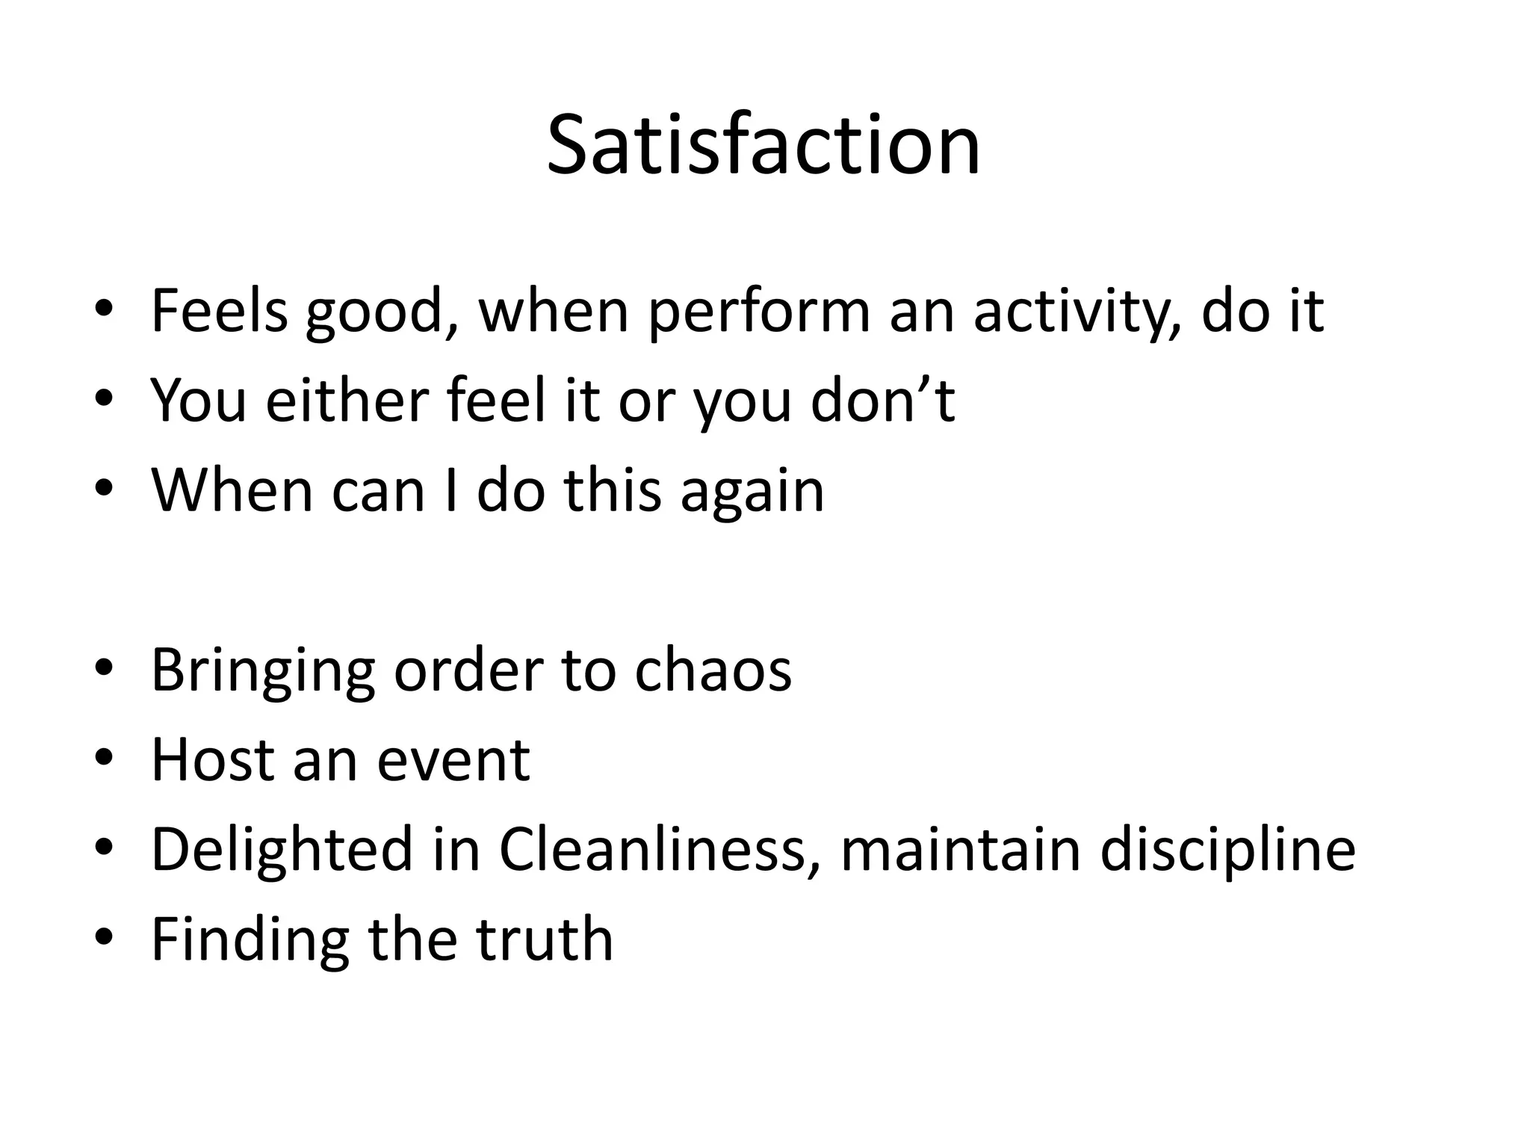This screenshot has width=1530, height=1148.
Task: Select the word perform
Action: pyautogui.click(x=759, y=312)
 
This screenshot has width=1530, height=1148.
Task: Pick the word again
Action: pyautogui.click(x=752, y=492)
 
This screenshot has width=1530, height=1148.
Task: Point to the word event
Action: pyautogui.click(x=453, y=761)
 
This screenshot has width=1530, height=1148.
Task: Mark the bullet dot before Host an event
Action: pyautogui.click(x=104, y=759)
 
